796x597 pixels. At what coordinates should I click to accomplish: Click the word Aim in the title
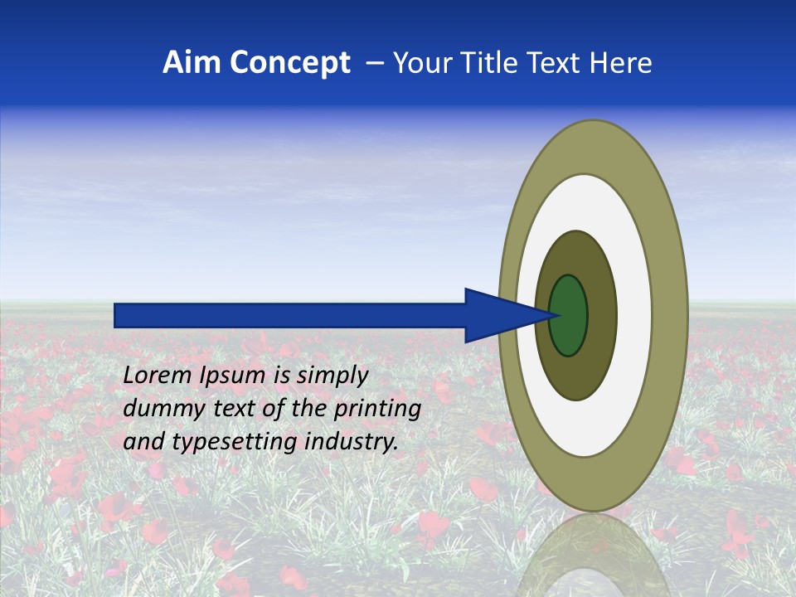192,63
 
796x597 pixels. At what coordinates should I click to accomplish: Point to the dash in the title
374,63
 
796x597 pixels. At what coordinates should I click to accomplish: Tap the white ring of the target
634,315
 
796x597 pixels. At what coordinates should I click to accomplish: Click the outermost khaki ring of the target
672,315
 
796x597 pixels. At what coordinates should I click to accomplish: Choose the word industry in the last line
352,442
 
